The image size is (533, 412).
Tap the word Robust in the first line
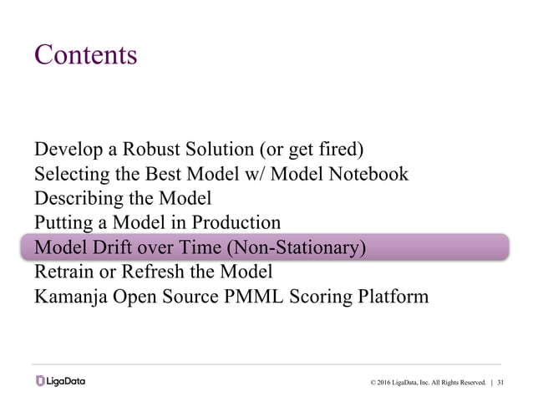tap(146, 150)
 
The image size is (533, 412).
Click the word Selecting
tap(69, 175)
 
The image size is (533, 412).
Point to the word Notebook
tap(369, 175)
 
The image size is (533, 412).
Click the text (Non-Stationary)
tap(297, 248)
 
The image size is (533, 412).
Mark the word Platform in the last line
tap(393, 296)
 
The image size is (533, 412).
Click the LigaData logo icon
tap(41, 382)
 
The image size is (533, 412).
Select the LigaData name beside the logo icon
tap(67, 382)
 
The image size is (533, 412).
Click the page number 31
tap(501, 383)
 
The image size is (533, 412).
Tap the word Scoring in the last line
tap(321, 297)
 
